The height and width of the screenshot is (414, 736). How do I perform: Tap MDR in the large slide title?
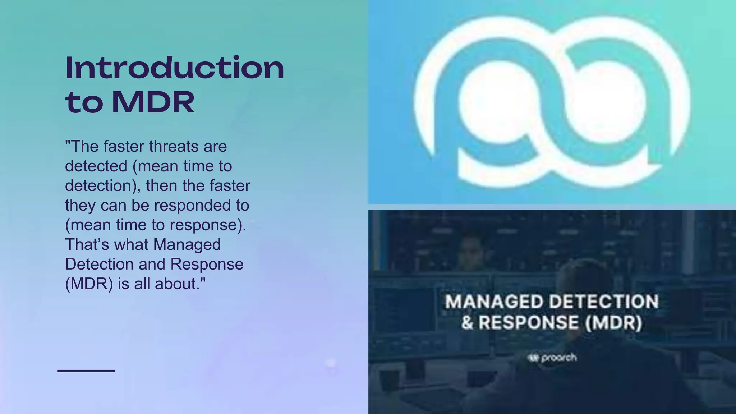click(153, 102)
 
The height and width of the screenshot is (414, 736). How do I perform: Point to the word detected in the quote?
click(96, 166)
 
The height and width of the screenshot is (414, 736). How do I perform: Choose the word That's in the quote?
click(87, 244)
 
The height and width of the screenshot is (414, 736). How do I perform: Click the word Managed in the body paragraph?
click(187, 244)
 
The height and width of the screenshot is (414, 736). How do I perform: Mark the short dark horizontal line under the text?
click(86, 371)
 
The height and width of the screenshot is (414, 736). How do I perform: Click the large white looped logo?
click(552, 102)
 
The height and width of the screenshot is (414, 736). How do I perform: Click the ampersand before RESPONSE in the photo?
click(468, 322)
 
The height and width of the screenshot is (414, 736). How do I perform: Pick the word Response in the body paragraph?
click(207, 264)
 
